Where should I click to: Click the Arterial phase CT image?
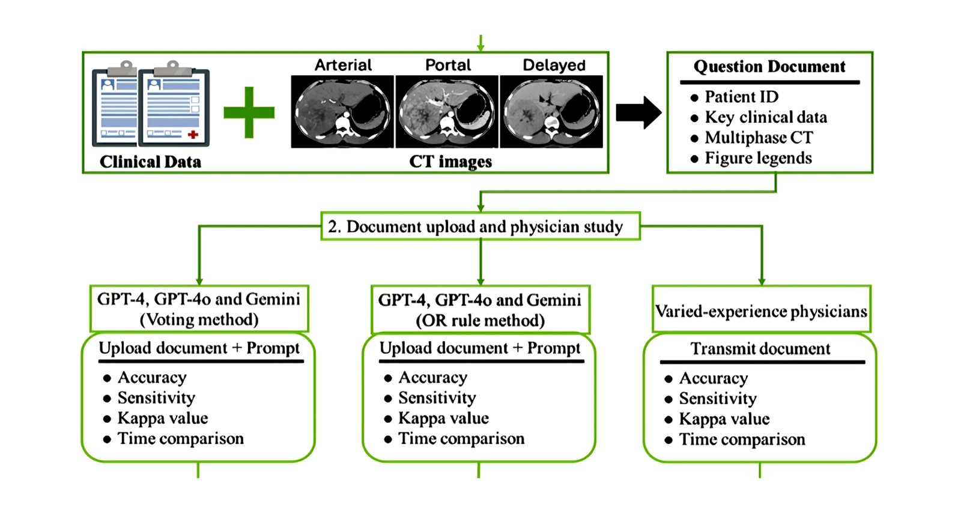[x=342, y=111]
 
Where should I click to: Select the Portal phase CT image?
[x=447, y=111]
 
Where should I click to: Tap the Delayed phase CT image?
[x=551, y=111]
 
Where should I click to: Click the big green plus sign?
[x=249, y=112]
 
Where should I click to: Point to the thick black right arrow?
[x=638, y=112]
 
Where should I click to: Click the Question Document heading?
[x=769, y=66]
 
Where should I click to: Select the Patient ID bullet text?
[x=741, y=97]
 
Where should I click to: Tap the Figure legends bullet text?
[x=758, y=158]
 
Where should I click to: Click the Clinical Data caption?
[x=150, y=162]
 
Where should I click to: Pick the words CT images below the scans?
[x=450, y=162]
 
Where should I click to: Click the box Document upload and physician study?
[x=480, y=227]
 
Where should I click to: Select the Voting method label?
[x=199, y=319]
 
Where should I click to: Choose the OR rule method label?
[x=480, y=321]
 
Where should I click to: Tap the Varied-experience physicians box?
[x=761, y=311]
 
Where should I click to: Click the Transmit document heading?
[x=760, y=349]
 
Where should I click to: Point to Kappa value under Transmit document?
[x=724, y=419]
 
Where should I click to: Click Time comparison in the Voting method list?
[x=180, y=439]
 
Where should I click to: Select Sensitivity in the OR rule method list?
[x=437, y=398]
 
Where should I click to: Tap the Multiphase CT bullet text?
[x=758, y=138]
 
